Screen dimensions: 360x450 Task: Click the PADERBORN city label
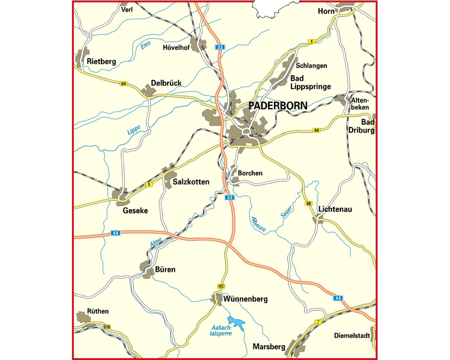(x=278, y=106)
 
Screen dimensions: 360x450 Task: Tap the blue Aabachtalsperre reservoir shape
(x=236, y=323)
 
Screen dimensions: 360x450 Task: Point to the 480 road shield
(x=220, y=286)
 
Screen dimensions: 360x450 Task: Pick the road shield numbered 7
(x=319, y=321)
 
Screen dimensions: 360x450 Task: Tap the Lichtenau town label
(x=335, y=209)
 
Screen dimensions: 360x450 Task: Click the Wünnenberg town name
(x=245, y=299)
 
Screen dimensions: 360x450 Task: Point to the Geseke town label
(x=135, y=210)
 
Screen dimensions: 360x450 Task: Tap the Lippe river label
(x=134, y=130)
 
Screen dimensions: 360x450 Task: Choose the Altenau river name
(x=258, y=224)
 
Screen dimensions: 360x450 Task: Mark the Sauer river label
(x=287, y=211)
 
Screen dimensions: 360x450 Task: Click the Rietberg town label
(x=102, y=62)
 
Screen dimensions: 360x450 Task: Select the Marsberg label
(x=269, y=347)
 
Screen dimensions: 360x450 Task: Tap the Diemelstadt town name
(x=352, y=335)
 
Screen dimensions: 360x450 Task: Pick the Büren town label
(x=165, y=270)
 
